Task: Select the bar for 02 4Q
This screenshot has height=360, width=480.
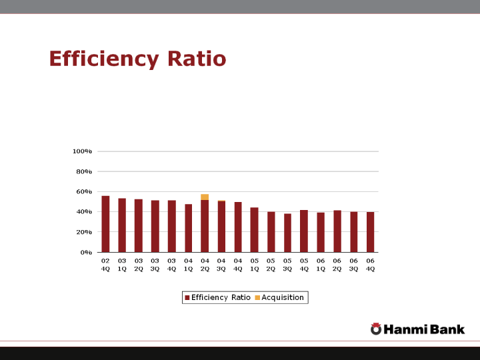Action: click(105, 224)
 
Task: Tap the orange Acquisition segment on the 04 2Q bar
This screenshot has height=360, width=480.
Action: click(205, 197)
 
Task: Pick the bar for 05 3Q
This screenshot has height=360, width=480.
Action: click(287, 233)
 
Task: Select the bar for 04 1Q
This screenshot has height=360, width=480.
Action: click(188, 228)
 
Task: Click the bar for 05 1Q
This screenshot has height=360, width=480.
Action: click(254, 230)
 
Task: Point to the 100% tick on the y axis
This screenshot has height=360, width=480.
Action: click(82, 151)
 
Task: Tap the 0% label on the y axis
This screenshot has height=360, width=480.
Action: click(86, 253)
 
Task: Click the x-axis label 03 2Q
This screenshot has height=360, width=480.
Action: click(139, 264)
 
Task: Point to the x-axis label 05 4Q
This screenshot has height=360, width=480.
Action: click(304, 264)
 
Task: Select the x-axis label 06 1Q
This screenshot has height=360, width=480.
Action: click(321, 264)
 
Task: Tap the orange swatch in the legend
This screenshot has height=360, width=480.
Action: click(257, 297)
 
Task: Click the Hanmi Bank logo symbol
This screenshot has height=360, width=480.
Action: click(376, 329)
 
